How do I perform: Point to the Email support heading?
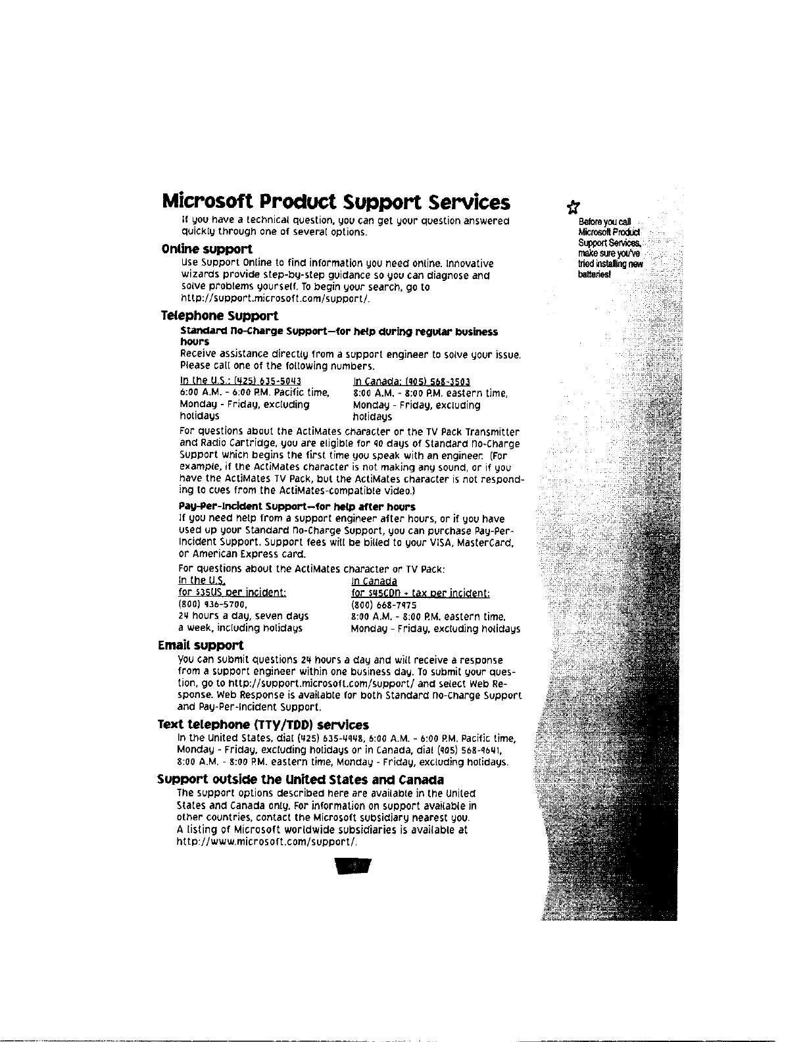pos(201,645)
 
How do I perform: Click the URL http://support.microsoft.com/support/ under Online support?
pos(275,299)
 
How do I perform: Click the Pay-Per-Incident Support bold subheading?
pos(297,507)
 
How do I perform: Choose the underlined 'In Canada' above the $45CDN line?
pos(374,582)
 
